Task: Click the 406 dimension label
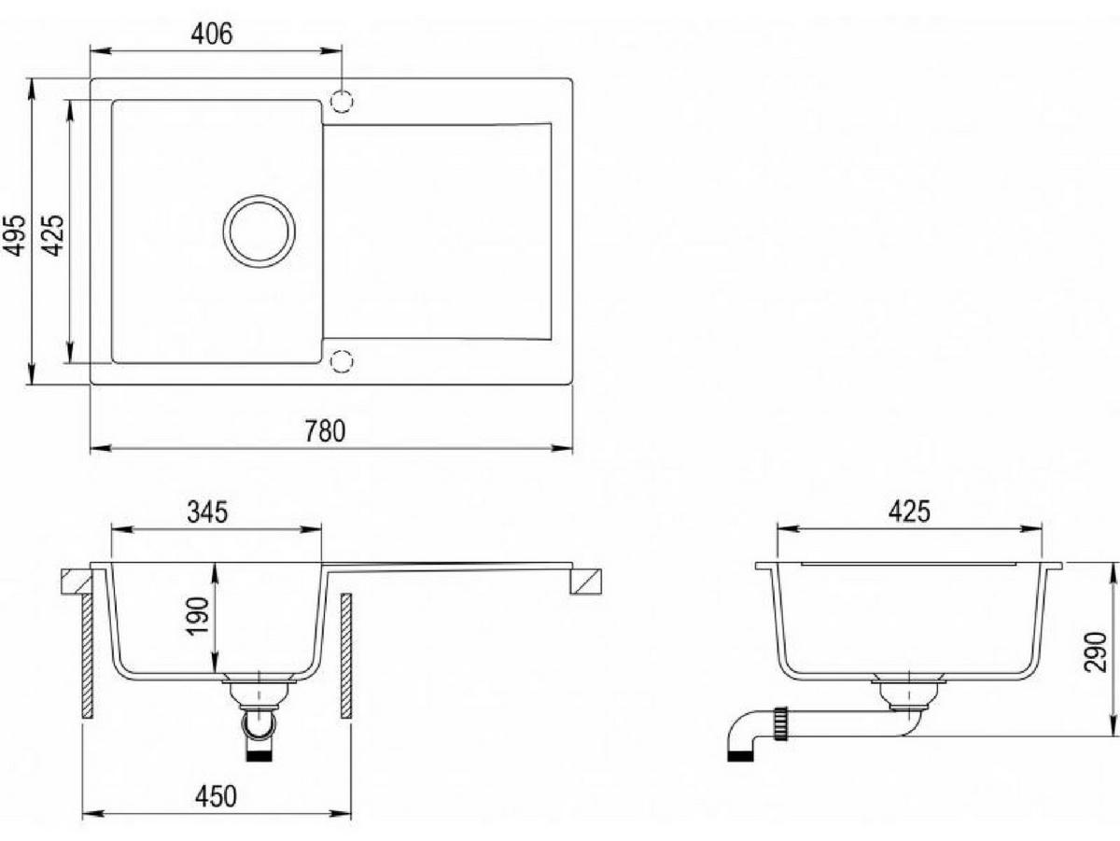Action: tap(212, 34)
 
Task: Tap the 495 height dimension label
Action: tap(14, 234)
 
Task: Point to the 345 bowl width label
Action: tap(207, 512)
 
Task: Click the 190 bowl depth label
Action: tap(198, 616)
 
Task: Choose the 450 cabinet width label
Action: tap(216, 796)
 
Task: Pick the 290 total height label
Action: tap(1096, 652)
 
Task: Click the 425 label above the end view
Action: tap(909, 512)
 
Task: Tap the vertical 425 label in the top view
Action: tap(52, 234)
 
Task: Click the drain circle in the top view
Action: tap(259, 231)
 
